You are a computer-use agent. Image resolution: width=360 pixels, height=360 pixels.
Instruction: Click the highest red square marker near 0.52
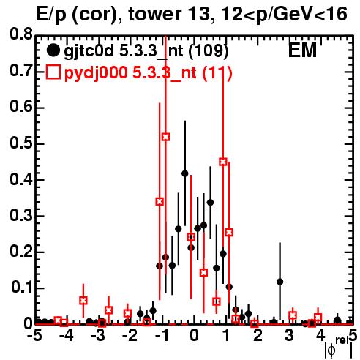pos(165,137)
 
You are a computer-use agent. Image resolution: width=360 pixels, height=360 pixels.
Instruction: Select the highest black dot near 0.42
pos(185,173)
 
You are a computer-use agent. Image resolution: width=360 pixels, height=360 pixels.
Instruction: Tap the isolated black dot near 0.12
pos(280,282)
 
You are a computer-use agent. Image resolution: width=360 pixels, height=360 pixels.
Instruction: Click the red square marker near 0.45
pos(223,162)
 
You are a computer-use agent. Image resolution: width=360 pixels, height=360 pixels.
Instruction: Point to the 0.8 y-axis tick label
pos(21,34)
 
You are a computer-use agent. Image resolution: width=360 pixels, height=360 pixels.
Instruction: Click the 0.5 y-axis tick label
pos(21,143)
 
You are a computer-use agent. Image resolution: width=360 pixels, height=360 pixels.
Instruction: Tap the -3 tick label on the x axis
pos(98,335)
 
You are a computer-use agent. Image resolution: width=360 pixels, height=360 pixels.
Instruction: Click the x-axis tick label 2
pos(258,335)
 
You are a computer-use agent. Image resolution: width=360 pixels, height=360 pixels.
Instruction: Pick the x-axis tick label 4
pos(320,335)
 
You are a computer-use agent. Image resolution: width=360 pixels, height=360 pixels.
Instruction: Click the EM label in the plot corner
pos(302,50)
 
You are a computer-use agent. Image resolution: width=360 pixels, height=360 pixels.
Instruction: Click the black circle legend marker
pos(53,50)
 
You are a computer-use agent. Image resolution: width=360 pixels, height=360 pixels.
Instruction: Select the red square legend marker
pos(53,72)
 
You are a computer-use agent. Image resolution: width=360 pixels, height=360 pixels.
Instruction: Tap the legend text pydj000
pos(96,73)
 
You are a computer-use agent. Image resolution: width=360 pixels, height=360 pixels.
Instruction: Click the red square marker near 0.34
pos(160,202)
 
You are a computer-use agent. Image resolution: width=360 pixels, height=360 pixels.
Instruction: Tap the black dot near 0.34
pos(210,203)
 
